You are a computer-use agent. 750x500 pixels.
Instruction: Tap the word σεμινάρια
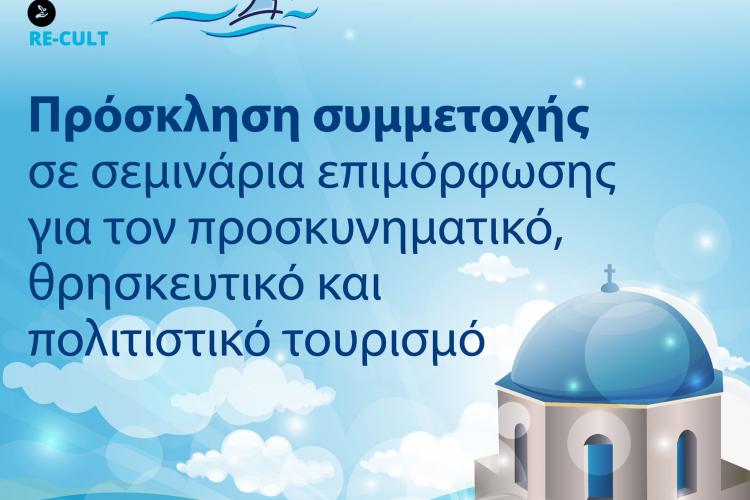[x=198, y=173]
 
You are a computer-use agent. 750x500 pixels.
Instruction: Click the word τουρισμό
[x=380, y=338]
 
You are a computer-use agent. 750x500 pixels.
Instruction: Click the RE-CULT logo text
[x=68, y=38]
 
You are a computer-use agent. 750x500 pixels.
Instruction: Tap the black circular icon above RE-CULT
[x=42, y=12]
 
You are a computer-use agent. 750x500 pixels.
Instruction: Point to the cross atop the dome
[x=609, y=275]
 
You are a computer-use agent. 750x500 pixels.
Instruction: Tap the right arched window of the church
[x=686, y=459]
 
